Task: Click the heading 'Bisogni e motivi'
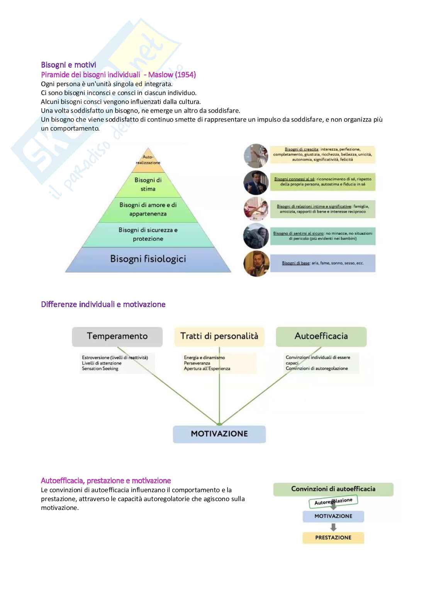pyautogui.click(x=68, y=65)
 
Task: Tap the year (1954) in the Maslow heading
pyautogui.click(x=185, y=75)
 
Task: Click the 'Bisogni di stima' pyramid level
pyautogui.click(x=148, y=185)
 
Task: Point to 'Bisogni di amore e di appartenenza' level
pyautogui.click(x=148, y=209)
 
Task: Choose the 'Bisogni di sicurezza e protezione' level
pyautogui.click(x=148, y=234)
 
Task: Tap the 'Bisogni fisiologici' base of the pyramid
pyautogui.click(x=148, y=259)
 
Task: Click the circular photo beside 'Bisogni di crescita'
pyautogui.click(x=256, y=155)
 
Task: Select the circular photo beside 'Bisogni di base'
pyautogui.click(x=256, y=263)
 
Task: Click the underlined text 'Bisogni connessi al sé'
pyautogui.click(x=294, y=179)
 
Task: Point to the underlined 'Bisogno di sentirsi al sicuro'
pyautogui.click(x=298, y=233)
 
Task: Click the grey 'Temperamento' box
pyautogui.click(x=117, y=336)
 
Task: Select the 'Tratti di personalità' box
pyautogui.click(x=219, y=336)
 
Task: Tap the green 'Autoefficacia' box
pyautogui.click(x=321, y=336)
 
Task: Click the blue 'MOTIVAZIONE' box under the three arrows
pyautogui.click(x=219, y=434)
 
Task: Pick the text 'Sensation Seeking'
pyautogui.click(x=100, y=369)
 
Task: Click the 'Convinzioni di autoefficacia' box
pyautogui.click(x=333, y=489)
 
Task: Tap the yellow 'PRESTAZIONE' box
pyautogui.click(x=333, y=538)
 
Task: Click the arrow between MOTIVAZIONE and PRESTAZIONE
pyautogui.click(x=333, y=527)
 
